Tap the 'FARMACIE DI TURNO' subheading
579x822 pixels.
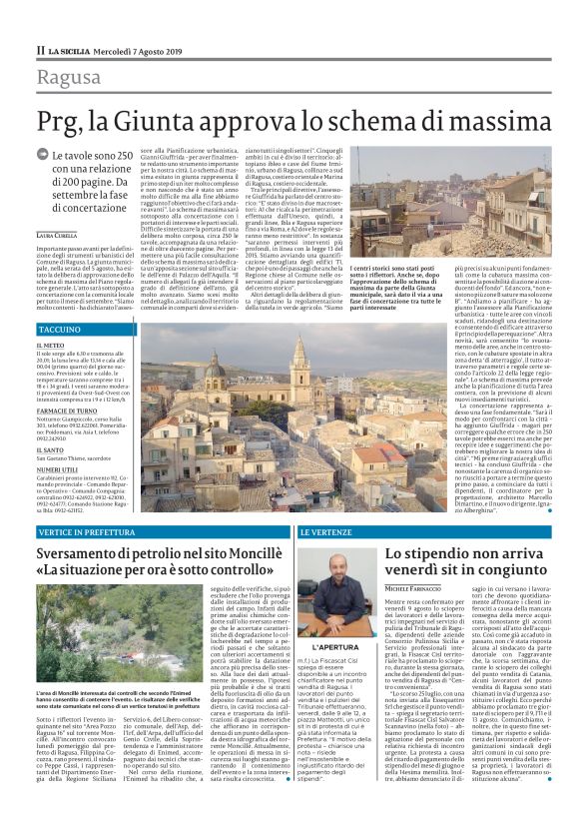(x=68, y=411)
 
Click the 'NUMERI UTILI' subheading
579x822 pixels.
(x=57, y=465)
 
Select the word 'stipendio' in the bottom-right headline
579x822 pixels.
(x=443, y=552)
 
